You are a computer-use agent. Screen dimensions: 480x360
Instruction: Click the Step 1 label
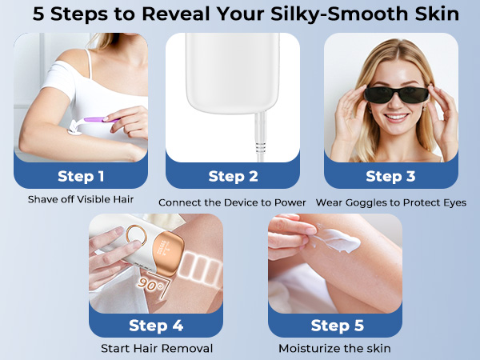[81, 176]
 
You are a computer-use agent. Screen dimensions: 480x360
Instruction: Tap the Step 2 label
[233, 176]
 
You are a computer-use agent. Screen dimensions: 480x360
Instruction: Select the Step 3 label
[390, 176]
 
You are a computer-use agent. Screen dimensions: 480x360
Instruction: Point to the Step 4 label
[156, 325]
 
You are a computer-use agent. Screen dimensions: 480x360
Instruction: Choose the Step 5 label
[338, 325]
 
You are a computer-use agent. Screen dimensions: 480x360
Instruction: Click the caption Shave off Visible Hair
[81, 199]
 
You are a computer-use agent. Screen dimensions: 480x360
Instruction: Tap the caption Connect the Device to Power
[232, 202]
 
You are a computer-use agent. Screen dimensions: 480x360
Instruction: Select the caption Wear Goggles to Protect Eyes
[391, 202]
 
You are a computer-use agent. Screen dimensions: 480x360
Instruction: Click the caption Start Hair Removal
[157, 348]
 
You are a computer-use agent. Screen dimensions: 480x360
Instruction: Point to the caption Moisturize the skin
[334, 348]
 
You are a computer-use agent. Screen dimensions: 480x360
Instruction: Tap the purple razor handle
[98, 120]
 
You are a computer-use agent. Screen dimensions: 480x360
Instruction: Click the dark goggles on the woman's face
[397, 95]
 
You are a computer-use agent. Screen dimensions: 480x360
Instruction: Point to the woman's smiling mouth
[397, 117]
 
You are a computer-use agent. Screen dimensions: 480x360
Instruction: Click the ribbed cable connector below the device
[260, 147]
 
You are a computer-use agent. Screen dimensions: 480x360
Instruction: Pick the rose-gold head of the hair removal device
[168, 254]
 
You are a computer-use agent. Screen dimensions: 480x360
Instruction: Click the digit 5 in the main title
[38, 14]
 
